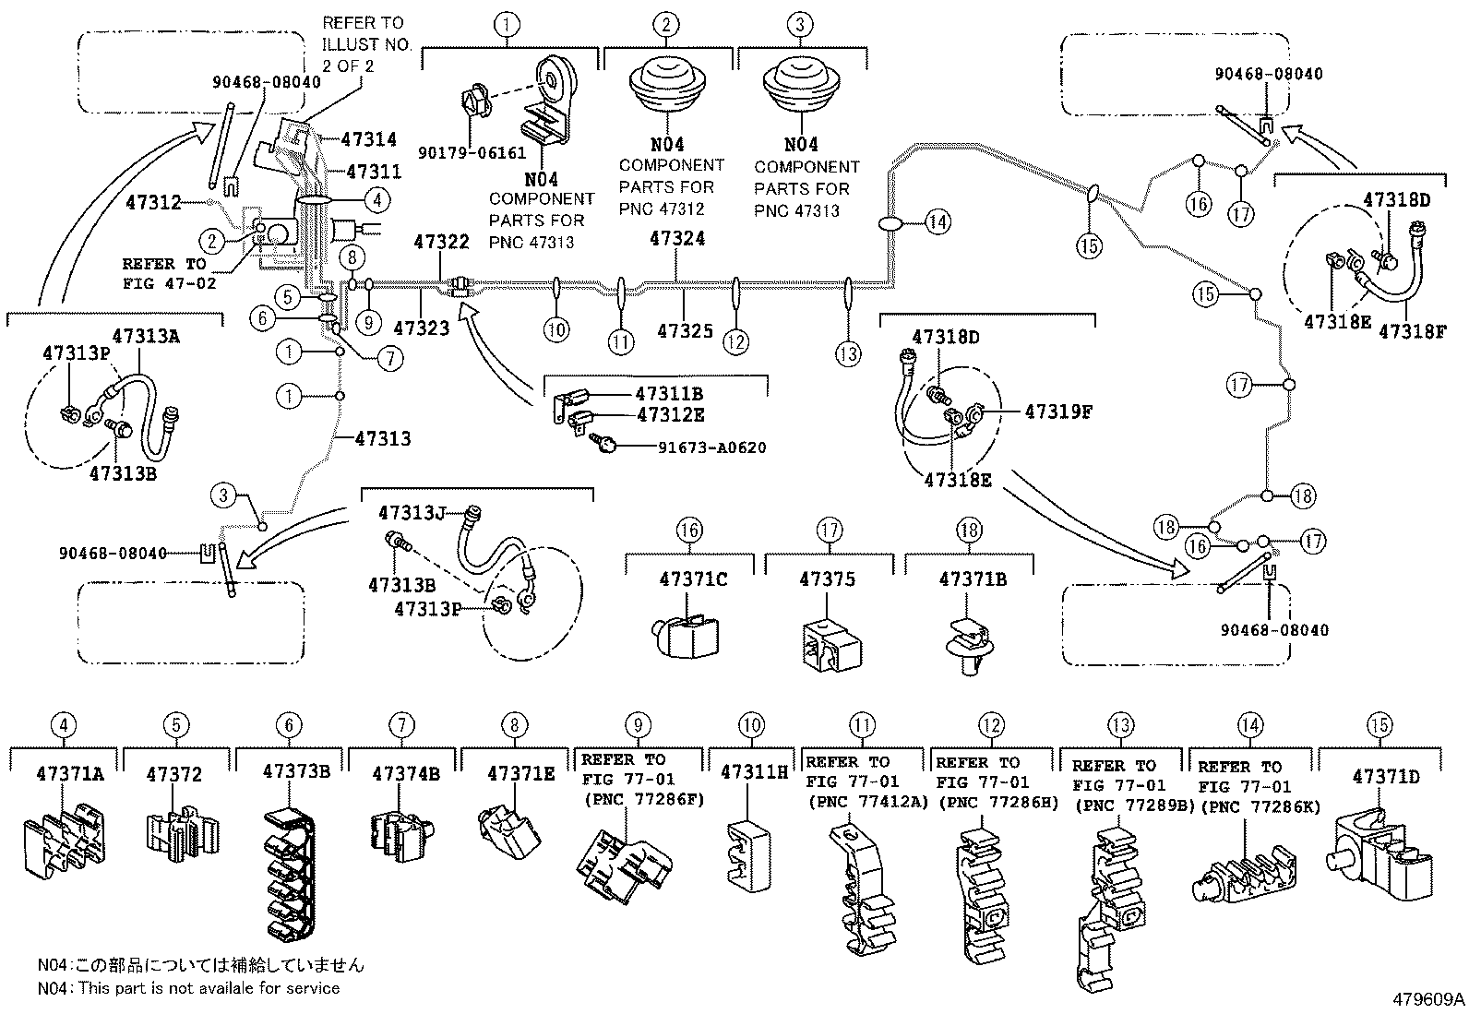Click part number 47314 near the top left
[x=368, y=140]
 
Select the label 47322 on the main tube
[x=442, y=243]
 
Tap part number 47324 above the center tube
[x=676, y=238]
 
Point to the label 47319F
[x=1057, y=412]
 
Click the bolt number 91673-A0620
[x=711, y=447]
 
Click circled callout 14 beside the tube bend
[x=938, y=221]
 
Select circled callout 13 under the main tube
[x=848, y=352]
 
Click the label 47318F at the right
[x=1412, y=331]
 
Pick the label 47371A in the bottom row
[x=70, y=773]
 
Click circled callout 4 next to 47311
[x=376, y=198]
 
